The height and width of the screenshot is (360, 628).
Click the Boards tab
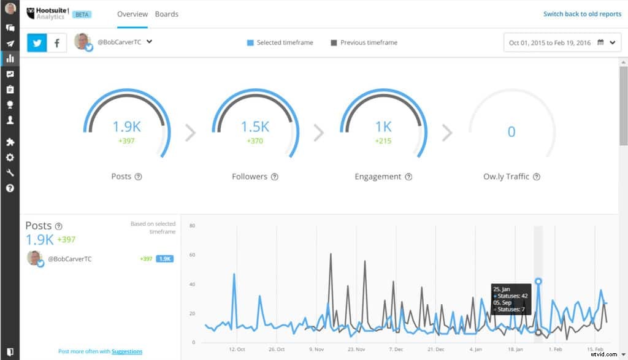(166, 14)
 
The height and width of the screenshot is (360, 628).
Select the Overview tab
(132, 14)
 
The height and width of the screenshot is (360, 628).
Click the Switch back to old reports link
(582, 14)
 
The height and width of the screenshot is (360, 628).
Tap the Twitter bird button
(37, 43)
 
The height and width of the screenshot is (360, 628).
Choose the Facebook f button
(57, 43)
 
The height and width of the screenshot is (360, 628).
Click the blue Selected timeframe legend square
(250, 43)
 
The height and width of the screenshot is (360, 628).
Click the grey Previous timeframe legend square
(334, 43)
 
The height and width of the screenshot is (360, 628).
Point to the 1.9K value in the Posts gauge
(126, 126)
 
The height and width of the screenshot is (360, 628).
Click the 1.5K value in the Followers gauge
(255, 126)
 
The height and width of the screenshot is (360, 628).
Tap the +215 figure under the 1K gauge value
(383, 141)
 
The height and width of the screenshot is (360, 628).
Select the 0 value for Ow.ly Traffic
(511, 132)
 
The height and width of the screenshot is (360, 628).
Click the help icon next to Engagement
(408, 177)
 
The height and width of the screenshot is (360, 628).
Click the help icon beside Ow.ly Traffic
(537, 177)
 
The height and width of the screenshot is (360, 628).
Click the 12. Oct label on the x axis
(237, 350)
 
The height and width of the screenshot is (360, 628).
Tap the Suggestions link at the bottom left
(127, 351)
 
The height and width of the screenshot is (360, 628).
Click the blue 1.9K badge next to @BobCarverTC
(164, 259)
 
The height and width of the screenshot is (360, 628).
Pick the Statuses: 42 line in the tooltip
(510, 296)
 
